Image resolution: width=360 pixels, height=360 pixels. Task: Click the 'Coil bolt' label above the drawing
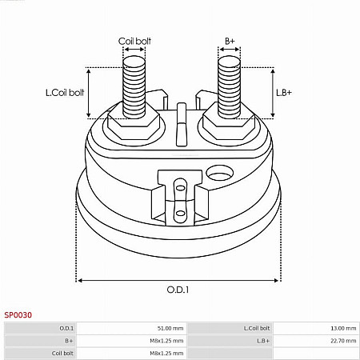tap(134, 40)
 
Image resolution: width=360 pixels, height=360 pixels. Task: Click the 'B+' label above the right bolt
tap(230, 40)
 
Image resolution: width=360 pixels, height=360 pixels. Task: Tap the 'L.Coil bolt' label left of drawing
tap(65, 93)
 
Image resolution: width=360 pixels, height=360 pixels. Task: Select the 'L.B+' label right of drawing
tap(284, 93)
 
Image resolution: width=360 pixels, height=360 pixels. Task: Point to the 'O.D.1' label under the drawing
tap(178, 290)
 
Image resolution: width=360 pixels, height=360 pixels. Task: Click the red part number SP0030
tap(18, 315)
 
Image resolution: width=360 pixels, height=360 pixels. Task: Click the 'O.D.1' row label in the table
tap(66, 328)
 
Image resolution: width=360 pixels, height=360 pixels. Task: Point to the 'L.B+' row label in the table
tap(263, 340)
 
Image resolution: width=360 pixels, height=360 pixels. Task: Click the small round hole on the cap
tap(218, 171)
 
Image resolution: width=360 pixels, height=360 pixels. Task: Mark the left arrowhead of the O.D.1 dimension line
tap(79, 281)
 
